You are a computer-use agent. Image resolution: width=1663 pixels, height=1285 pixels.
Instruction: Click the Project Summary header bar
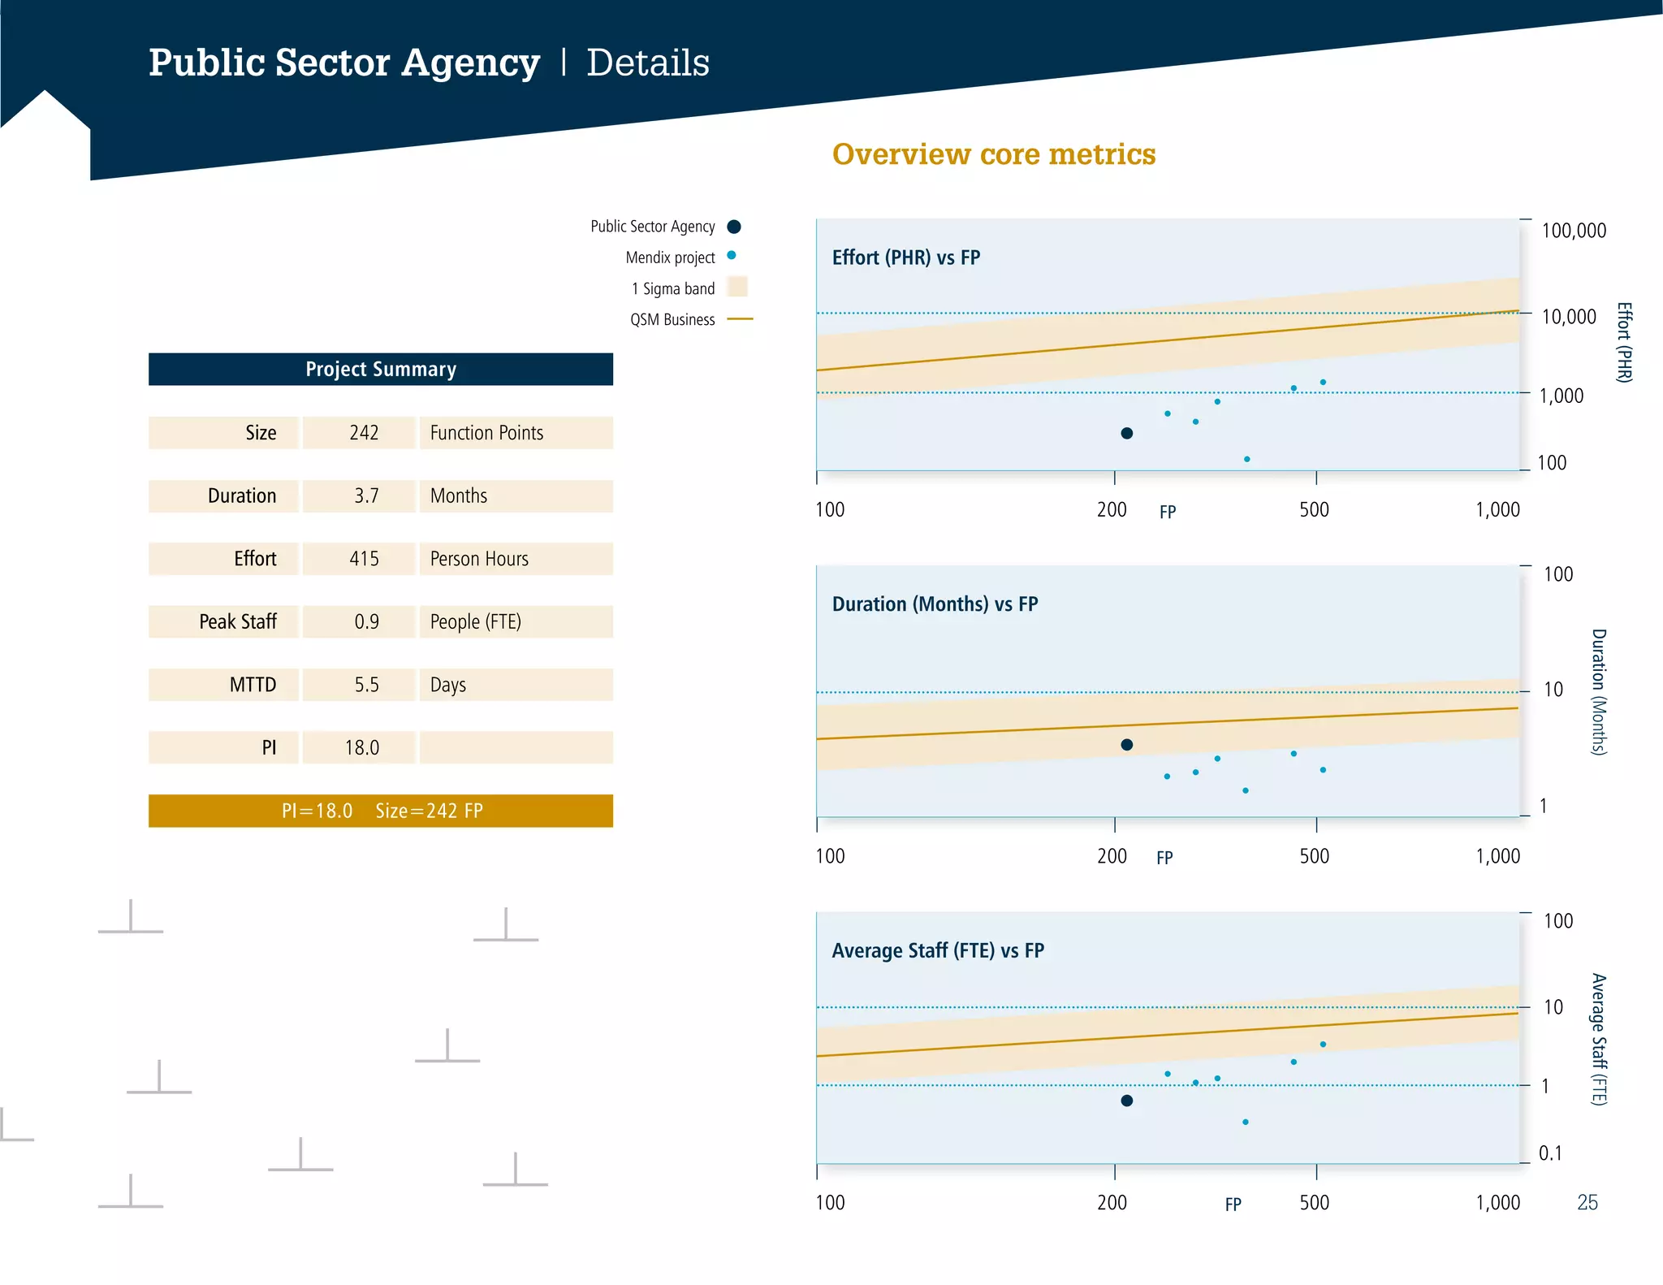pyautogui.click(x=380, y=369)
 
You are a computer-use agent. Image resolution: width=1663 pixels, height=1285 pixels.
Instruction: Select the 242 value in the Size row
pyautogui.click(x=363, y=433)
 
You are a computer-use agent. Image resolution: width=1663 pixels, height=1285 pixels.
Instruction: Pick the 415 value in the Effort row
pyautogui.click(x=364, y=559)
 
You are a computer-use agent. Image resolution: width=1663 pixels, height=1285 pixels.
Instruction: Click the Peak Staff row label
pyautogui.click(x=238, y=621)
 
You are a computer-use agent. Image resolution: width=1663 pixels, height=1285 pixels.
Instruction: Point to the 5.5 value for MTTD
pyautogui.click(x=366, y=685)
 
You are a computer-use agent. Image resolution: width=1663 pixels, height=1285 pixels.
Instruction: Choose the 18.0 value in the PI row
pyautogui.click(x=361, y=747)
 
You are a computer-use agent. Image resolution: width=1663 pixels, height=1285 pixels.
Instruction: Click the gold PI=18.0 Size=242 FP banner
pyautogui.click(x=380, y=811)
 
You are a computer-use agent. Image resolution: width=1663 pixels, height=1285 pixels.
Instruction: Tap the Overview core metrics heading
pyautogui.click(x=993, y=154)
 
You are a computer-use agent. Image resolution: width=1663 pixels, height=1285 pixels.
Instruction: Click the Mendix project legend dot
pyautogui.click(x=732, y=255)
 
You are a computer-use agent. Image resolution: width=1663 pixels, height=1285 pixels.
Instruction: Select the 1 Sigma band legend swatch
pyautogui.click(x=737, y=287)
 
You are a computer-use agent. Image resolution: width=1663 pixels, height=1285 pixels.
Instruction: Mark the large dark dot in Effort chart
pyautogui.click(x=1126, y=433)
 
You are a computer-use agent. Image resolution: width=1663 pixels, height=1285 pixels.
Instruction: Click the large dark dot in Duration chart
pyautogui.click(x=1126, y=745)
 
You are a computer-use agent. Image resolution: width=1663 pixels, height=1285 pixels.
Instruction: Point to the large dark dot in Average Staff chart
pyautogui.click(x=1126, y=1101)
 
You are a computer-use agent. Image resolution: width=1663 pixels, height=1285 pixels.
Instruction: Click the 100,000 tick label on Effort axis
pyautogui.click(x=1573, y=231)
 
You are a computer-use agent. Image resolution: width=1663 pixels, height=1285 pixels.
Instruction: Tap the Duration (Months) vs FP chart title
pyautogui.click(x=935, y=604)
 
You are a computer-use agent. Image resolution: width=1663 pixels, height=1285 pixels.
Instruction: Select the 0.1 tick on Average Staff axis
pyautogui.click(x=1549, y=1153)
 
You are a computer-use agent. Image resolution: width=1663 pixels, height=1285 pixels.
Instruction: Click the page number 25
pyautogui.click(x=1587, y=1202)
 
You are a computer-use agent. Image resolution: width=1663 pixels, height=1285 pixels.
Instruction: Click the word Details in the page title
pyautogui.click(x=647, y=63)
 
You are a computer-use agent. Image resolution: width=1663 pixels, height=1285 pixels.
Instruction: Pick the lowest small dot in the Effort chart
pyautogui.click(x=1246, y=459)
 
